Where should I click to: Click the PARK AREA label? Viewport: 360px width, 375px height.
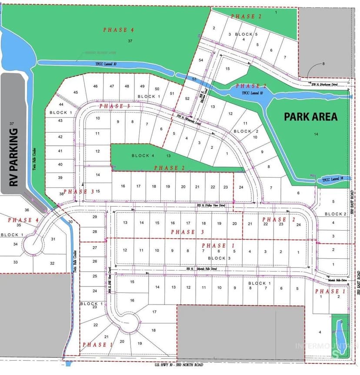310,117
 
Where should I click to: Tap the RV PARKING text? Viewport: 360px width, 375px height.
14,157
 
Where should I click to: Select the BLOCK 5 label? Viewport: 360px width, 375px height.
247,34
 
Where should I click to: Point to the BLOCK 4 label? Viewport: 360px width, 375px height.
143,155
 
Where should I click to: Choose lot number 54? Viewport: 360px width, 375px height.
200,60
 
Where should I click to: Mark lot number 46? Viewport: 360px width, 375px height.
96,86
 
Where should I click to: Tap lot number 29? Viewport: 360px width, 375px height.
95,217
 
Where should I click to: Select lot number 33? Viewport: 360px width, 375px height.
15,262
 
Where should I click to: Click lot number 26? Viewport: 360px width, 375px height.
95,261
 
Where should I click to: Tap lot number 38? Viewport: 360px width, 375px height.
62,194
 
